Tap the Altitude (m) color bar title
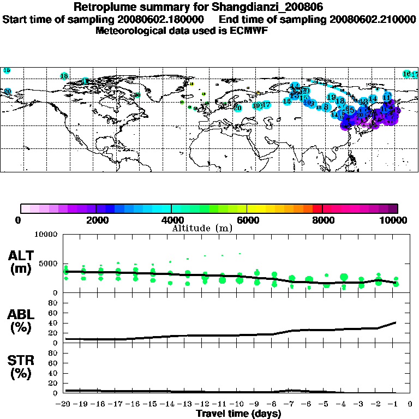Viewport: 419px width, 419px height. click(202, 228)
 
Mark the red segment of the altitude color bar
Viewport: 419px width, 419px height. click(318, 208)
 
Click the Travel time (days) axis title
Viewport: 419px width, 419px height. click(238, 414)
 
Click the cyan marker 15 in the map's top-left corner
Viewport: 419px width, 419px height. click(7, 70)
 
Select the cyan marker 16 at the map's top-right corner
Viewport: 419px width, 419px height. click(406, 74)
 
